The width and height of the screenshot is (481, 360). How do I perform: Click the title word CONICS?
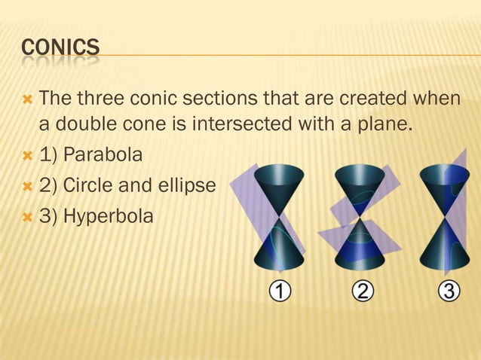[60, 50]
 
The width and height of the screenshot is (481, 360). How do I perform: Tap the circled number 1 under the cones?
[280, 291]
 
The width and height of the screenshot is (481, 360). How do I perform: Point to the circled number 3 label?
[449, 291]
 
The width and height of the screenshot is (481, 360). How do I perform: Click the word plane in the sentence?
[391, 124]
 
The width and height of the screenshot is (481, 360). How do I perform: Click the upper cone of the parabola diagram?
[279, 185]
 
